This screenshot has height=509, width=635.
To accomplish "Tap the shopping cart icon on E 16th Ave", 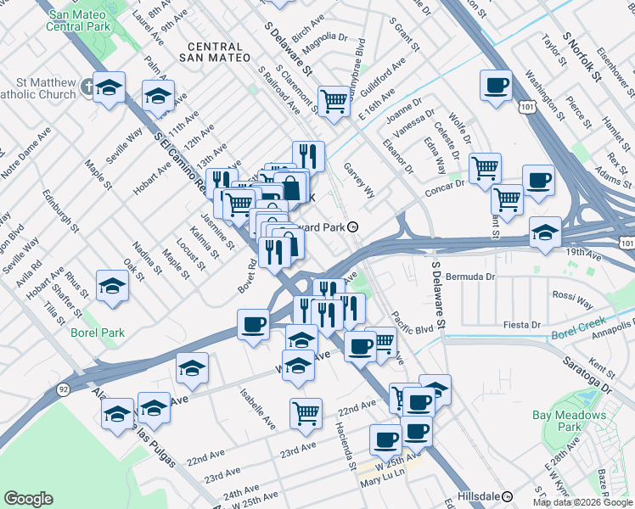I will click(334, 102).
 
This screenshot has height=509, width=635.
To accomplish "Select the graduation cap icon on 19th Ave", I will click(544, 232).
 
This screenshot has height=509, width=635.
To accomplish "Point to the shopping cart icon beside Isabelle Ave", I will click(306, 414).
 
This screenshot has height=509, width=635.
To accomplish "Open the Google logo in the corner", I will click(28, 499).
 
